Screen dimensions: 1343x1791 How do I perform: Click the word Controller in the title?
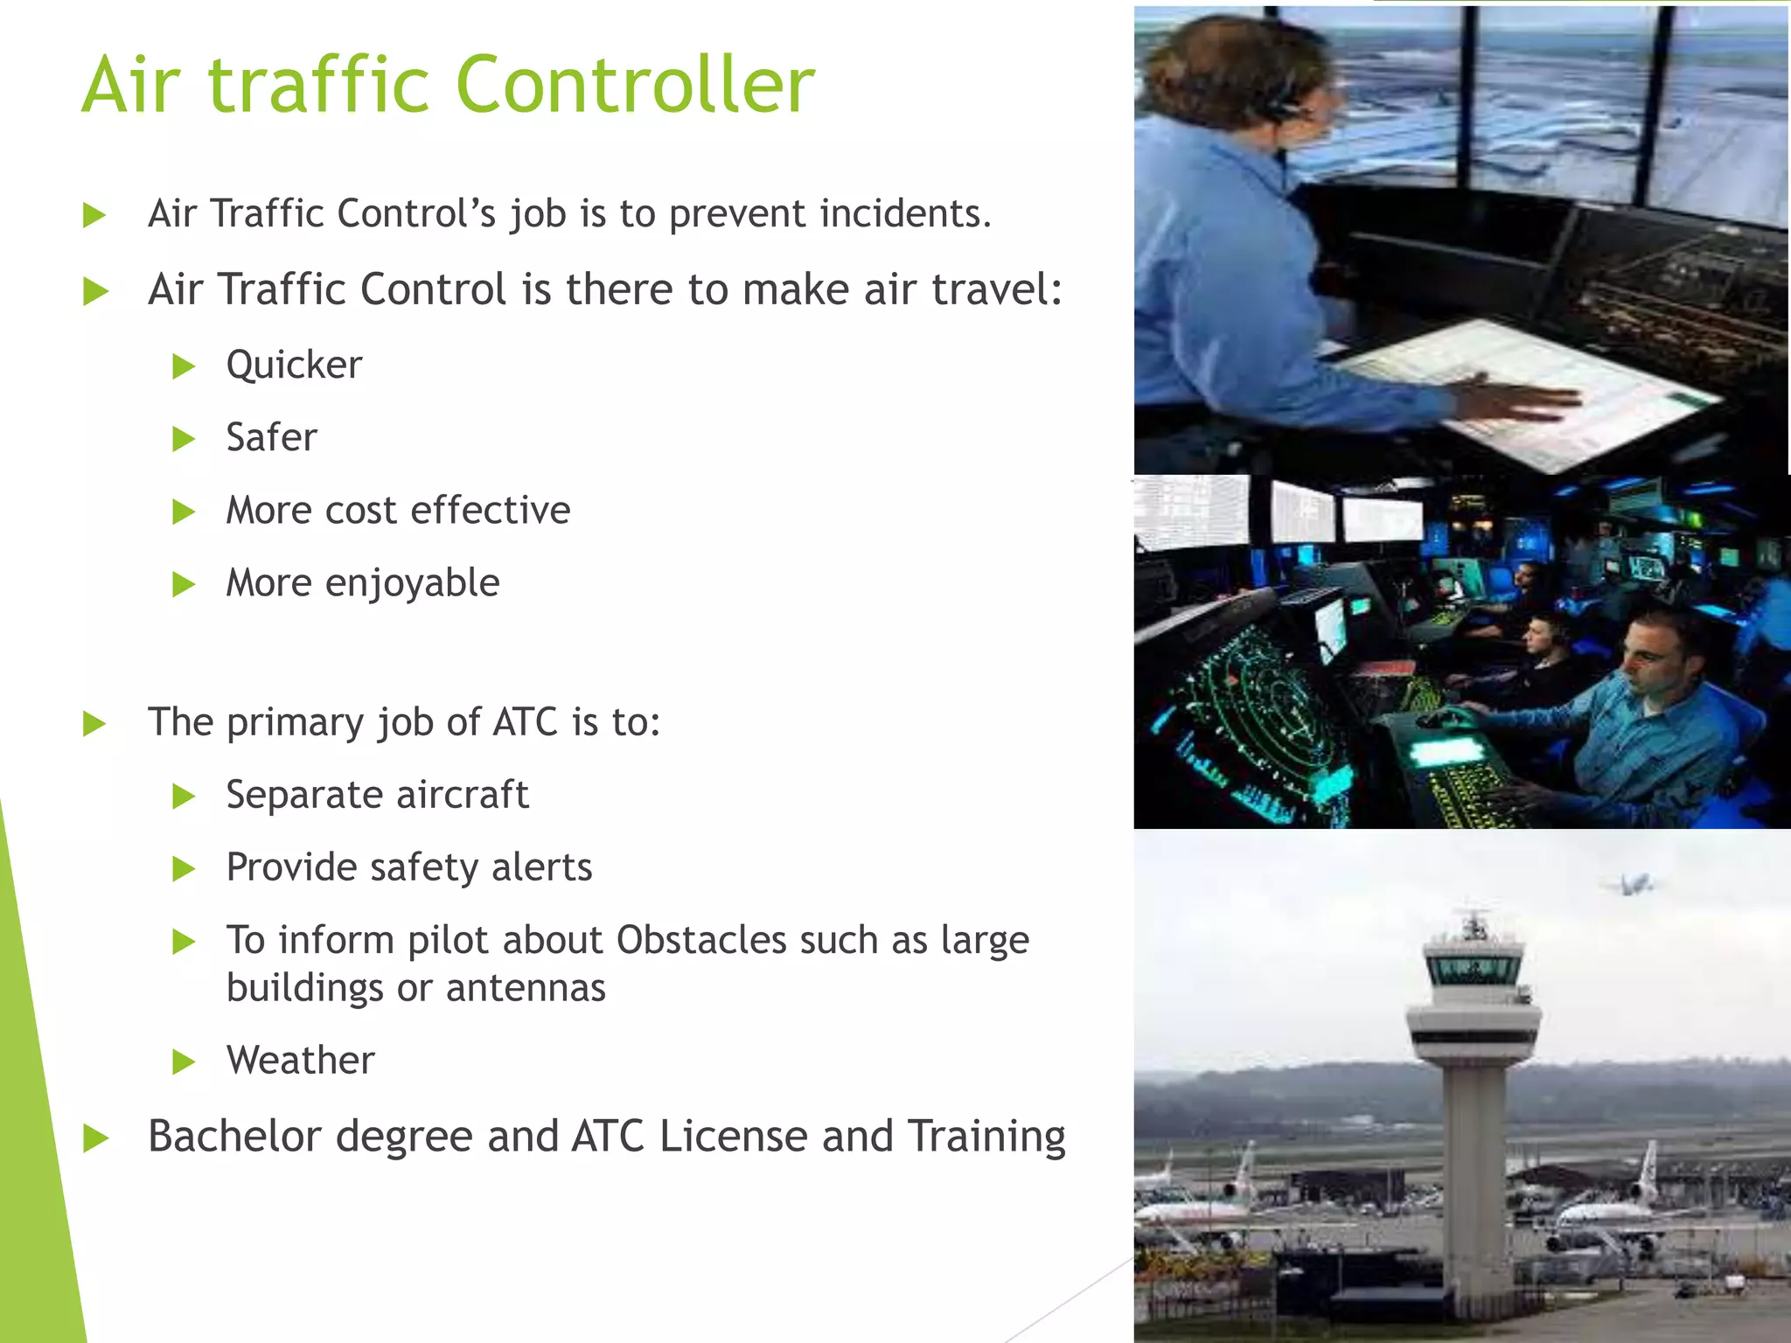635,85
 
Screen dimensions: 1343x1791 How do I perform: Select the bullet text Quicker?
294,365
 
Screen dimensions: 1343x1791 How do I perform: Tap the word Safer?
271,437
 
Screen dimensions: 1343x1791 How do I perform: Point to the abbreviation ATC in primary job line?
525,722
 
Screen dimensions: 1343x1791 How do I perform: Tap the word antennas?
525,988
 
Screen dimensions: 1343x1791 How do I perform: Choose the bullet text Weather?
300,1061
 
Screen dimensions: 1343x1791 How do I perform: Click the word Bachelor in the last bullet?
234,1137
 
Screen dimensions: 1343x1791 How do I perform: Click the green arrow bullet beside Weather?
184,1062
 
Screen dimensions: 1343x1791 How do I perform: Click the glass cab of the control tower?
1474,969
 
